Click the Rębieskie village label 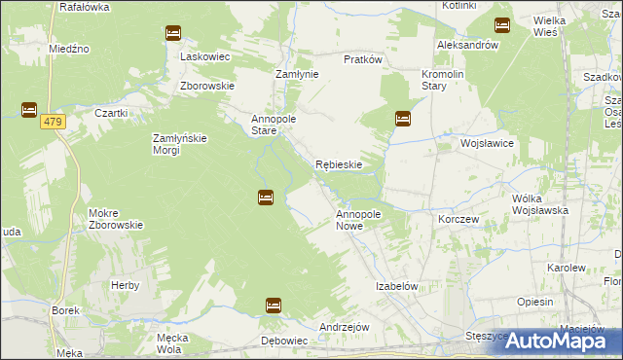point(339,164)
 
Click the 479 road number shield point(53,121)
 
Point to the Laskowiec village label point(205,56)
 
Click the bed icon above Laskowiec point(173,33)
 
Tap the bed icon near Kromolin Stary point(402,119)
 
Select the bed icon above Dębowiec point(274,306)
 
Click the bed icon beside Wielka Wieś point(502,25)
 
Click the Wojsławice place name point(487,143)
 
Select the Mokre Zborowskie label point(116,218)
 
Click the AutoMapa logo point(559,341)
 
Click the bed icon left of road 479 point(28,110)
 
